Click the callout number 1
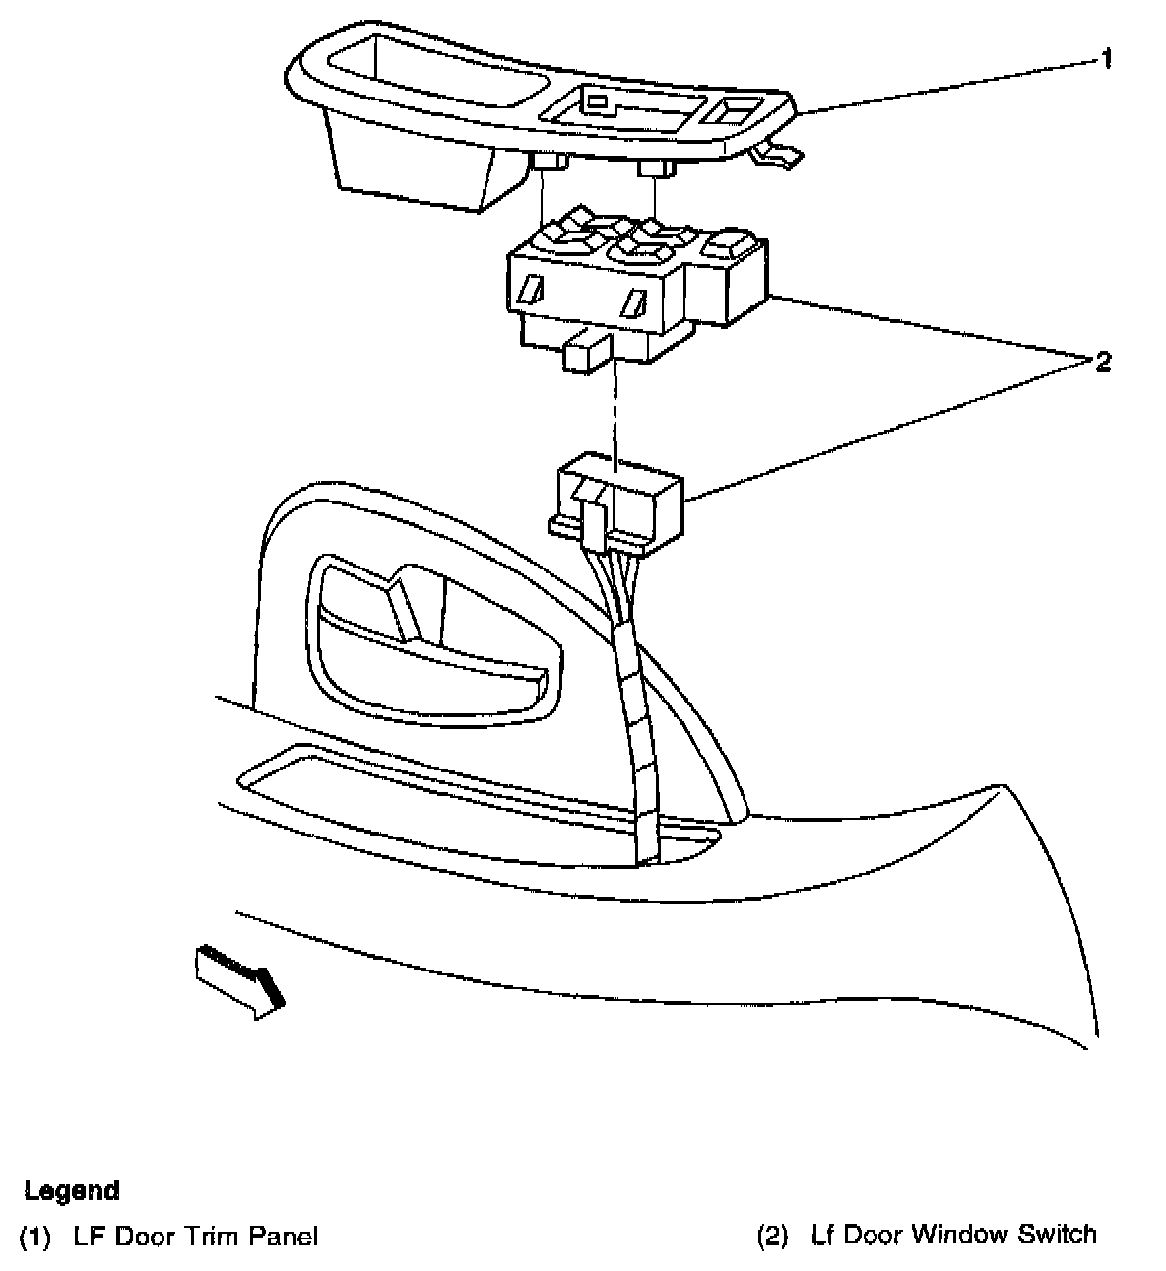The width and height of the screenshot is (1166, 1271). (x=1106, y=60)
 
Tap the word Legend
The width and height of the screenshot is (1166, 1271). (x=72, y=1190)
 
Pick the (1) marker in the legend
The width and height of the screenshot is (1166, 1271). (x=34, y=1236)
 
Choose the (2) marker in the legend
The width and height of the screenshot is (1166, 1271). (x=772, y=1235)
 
